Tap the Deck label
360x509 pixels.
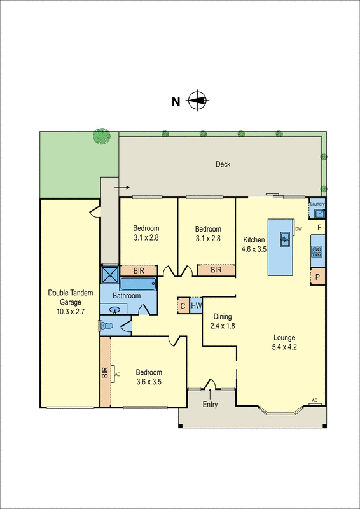223,164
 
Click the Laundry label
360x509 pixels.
318,204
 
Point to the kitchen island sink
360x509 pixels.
285,239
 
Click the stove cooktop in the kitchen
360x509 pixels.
317,250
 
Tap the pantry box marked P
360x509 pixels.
317,277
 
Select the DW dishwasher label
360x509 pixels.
298,228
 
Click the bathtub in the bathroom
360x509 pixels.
138,284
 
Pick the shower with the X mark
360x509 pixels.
109,275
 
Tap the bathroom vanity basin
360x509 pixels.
114,310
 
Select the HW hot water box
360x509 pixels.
197,306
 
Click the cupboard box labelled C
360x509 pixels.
183,306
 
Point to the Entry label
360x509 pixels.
210,405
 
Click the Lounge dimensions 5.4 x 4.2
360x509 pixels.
285,347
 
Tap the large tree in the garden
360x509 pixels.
101,135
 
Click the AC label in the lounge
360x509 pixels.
314,400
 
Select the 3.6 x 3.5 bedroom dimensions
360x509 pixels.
148,382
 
